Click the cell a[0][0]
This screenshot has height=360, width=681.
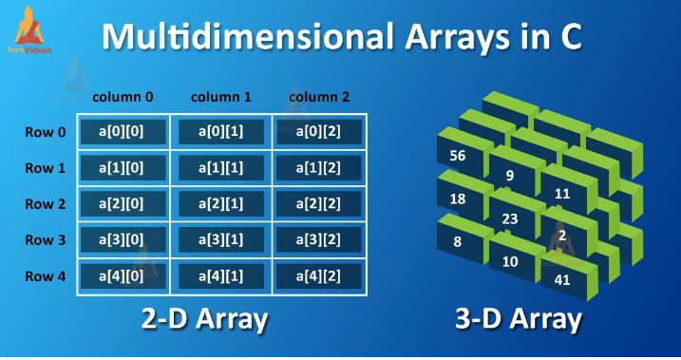point(122,132)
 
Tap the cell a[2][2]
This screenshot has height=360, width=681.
point(321,204)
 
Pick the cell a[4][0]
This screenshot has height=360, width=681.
point(122,276)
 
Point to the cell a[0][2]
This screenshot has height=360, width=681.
point(321,132)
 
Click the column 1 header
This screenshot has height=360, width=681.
point(220,96)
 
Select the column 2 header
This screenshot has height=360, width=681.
point(319,96)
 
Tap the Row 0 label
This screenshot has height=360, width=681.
point(46,132)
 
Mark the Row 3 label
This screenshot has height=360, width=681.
point(46,240)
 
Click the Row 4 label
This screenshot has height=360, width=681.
point(46,276)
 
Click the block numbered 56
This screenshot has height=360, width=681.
point(458,156)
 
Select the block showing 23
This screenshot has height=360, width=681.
point(509,218)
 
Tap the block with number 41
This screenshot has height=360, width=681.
point(563,279)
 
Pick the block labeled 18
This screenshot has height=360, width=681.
point(458,199)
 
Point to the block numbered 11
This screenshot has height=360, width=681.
point(562,194)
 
